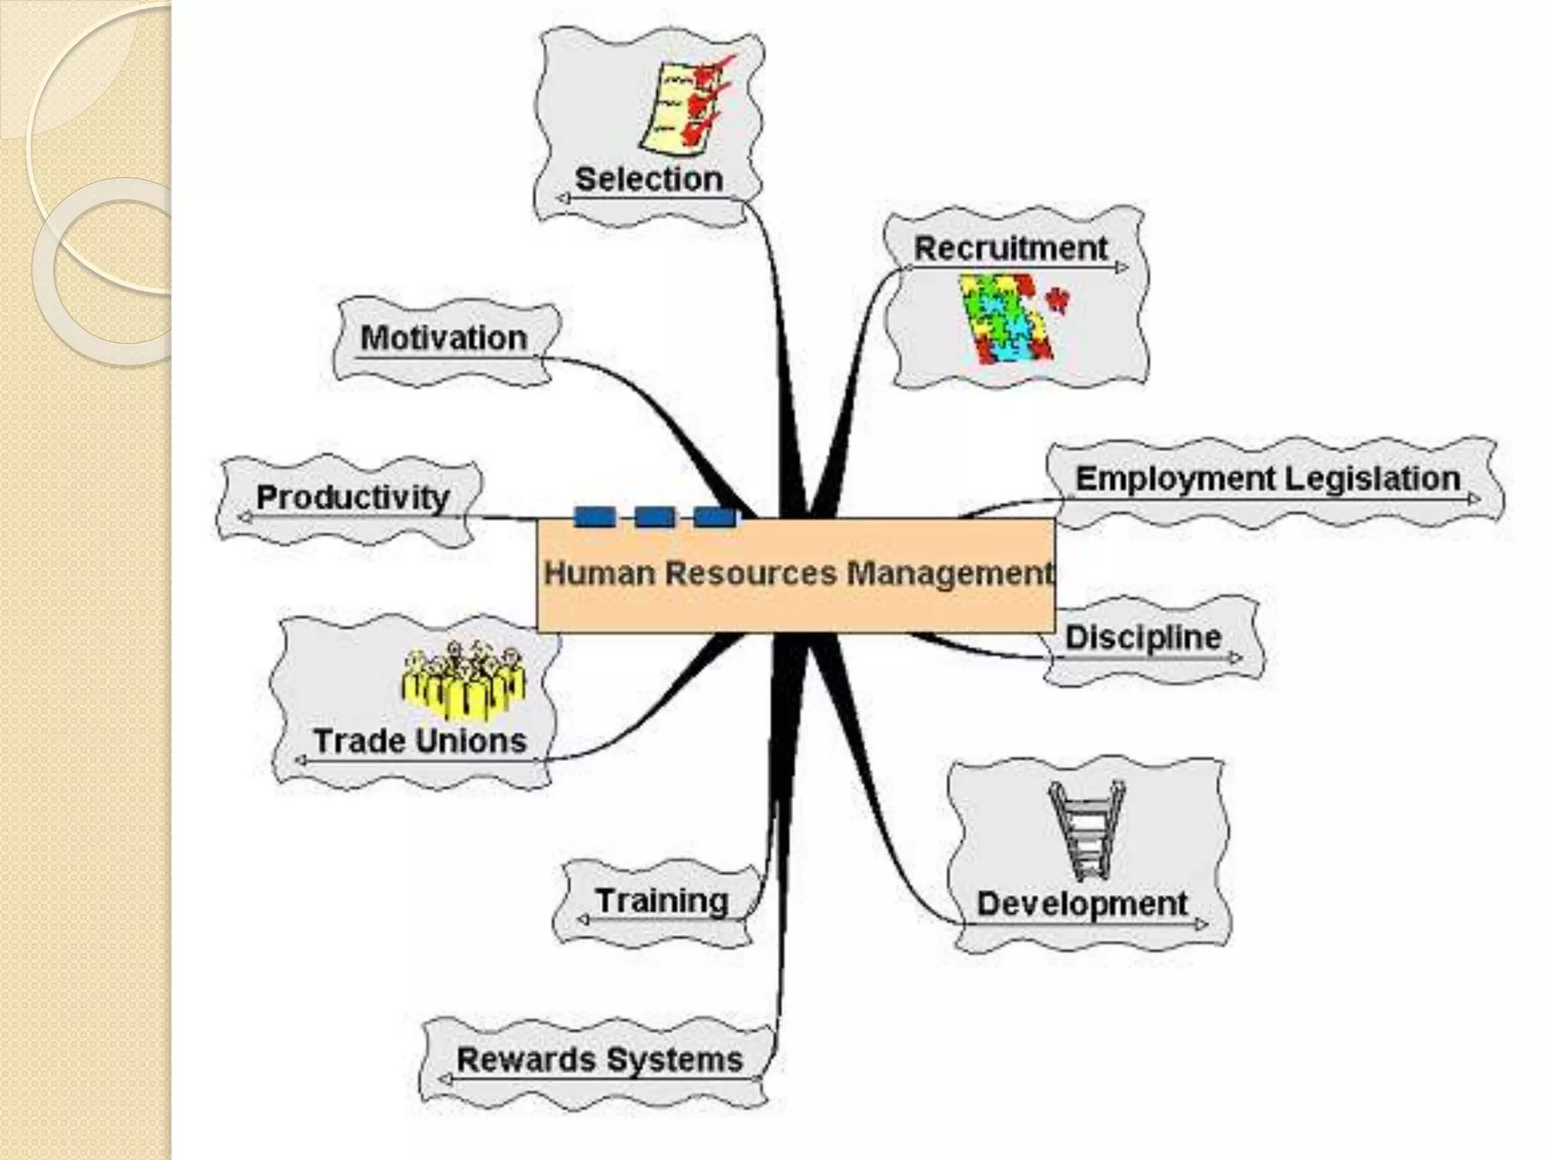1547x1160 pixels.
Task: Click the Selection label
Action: pos(649,180)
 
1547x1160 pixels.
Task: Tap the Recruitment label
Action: pos(1010,248)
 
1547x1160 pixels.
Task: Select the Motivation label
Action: pos(443,338)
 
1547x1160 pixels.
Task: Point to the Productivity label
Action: pos(353,498)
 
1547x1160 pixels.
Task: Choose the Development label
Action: pos(1082,904)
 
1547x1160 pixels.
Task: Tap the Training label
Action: pos(662,901)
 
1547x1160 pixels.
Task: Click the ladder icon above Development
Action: pos(1087,831)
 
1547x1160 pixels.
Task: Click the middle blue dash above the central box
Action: pos(654,517)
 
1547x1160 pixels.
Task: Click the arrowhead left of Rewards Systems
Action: pos(445,1080)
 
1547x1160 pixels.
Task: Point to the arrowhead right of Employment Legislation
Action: pos(1474,498)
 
